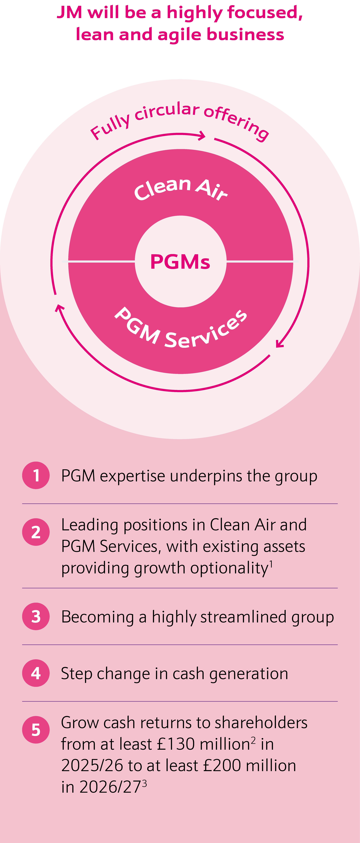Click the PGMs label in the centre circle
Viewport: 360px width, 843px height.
180,262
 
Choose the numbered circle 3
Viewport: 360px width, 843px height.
36,616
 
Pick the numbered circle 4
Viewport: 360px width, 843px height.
36,673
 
